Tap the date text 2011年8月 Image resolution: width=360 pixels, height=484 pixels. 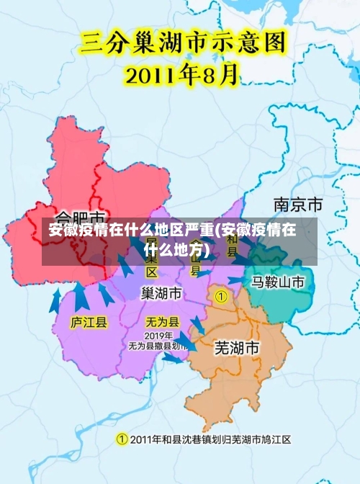(183, 74)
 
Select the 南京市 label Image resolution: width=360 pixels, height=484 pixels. (298, 204)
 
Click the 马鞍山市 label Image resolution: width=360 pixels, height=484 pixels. (278, 281)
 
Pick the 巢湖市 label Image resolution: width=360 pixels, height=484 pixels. (161, 293)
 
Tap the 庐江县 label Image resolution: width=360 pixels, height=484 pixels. (89, 322)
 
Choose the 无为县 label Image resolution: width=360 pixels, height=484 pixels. (162, 322)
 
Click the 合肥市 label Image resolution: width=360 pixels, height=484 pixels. (81, 216)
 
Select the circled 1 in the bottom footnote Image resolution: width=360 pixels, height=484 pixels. (122, 439)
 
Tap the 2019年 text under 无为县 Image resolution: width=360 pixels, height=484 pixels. (158, 336)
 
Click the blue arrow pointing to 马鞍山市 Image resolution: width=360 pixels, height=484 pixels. (235, 280)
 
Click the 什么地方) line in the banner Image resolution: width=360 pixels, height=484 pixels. (176, 250)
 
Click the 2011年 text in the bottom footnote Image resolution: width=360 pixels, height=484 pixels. (148, 439)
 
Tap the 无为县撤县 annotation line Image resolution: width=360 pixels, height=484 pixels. (155, 346)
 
